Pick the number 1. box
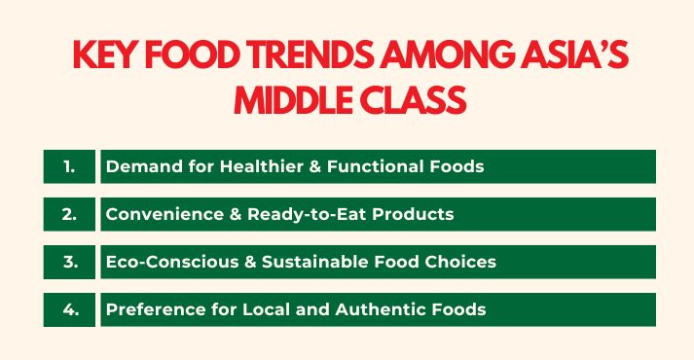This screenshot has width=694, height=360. tap(69, 166)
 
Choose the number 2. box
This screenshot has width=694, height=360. tap(69, 214)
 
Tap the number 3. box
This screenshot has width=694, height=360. tap(69, 262)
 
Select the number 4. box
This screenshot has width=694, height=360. tap(69, 309)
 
